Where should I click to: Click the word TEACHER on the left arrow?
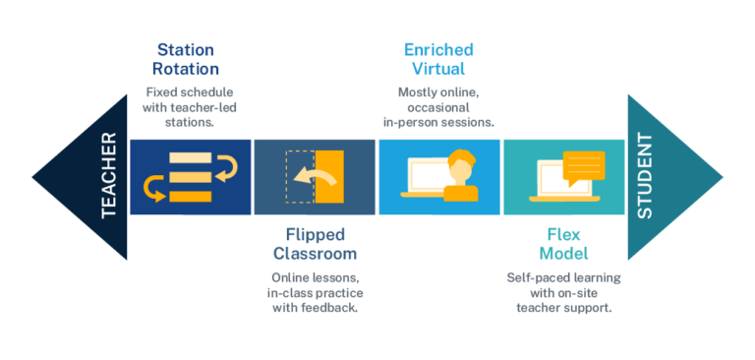point(109,176)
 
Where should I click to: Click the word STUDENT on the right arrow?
point(645,177)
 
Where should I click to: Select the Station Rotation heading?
point(186,59)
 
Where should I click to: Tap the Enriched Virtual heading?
point(438,59)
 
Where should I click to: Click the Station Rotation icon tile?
point(190,177)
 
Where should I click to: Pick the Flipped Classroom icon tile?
point(315,177)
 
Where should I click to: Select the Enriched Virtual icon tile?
point(438,177)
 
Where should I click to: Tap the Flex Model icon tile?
point(563,177)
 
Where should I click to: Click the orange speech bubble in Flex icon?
point(584,166)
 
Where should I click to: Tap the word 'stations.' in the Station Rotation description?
point(186,122)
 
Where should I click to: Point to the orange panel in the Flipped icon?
point(331,177)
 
